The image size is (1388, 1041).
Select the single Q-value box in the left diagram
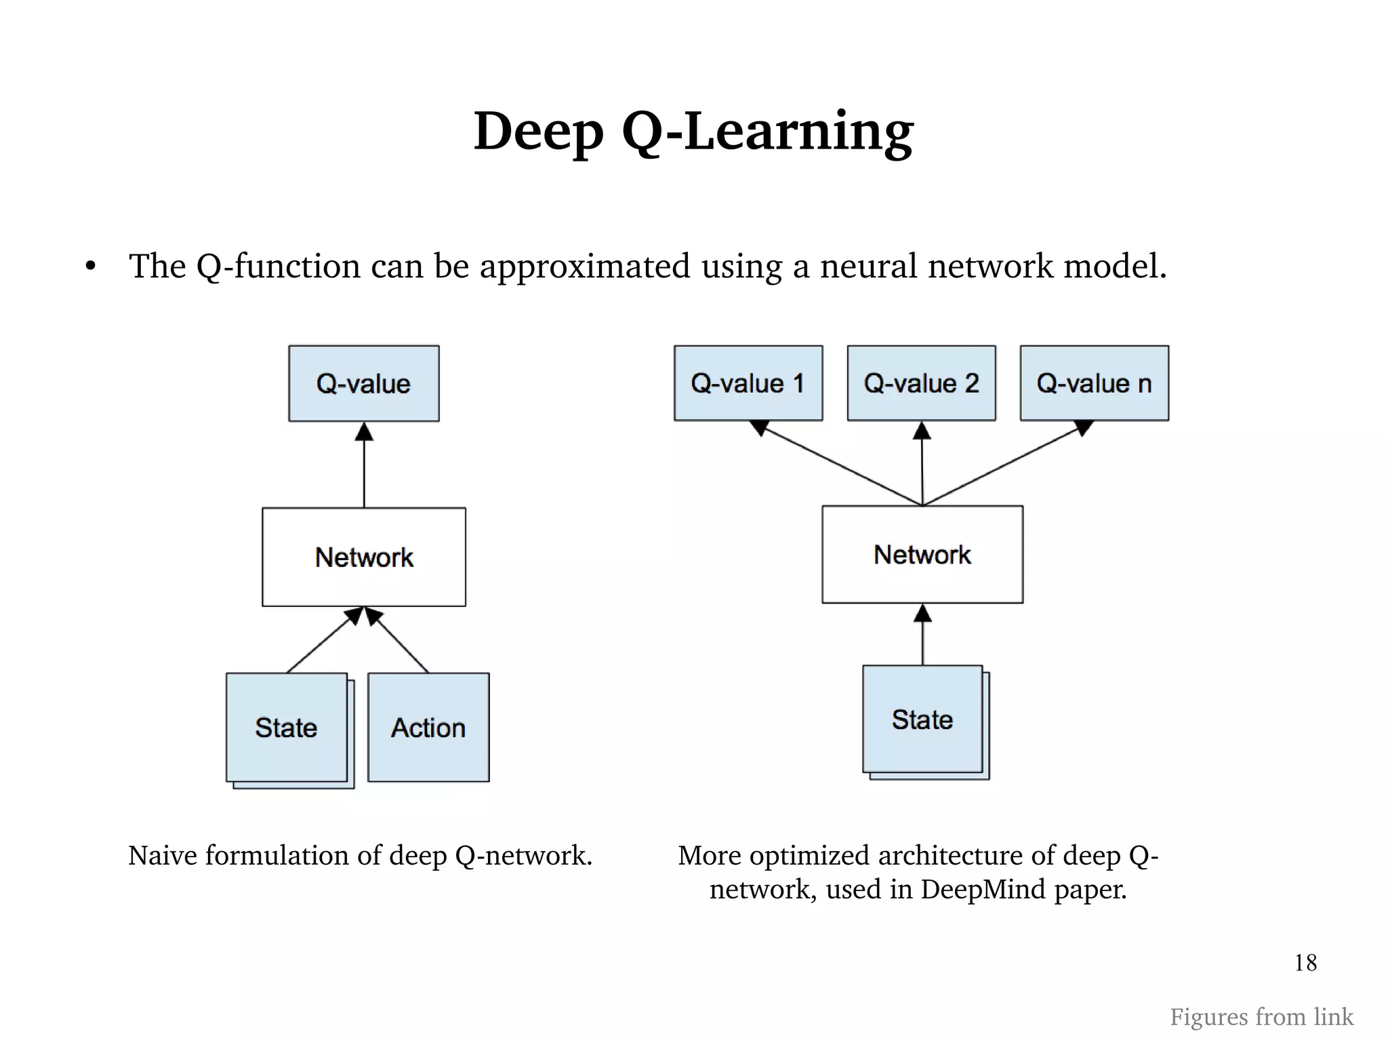pos(364,383)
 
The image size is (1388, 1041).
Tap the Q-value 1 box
pos(748,383)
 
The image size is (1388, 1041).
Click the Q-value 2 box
pos(921,383)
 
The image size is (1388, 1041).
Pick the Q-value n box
pos(1094,383)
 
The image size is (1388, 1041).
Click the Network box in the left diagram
pos(364,557)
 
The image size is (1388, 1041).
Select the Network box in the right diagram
pos(922,554)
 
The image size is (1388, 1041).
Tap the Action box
pos(428,727)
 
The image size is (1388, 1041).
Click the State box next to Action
pos(287,727)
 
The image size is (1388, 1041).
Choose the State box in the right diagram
pos(922,719)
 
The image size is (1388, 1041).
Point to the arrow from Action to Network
pos(400,642)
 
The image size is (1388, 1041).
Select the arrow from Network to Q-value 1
pos(840,465)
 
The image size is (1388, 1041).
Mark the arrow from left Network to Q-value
pos(364,468)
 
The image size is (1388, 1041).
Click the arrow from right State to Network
pos(922,637)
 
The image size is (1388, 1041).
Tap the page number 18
pos(1305,962)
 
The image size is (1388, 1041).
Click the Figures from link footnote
pos(1261,1017)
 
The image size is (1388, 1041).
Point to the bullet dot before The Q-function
pos(91,267)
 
